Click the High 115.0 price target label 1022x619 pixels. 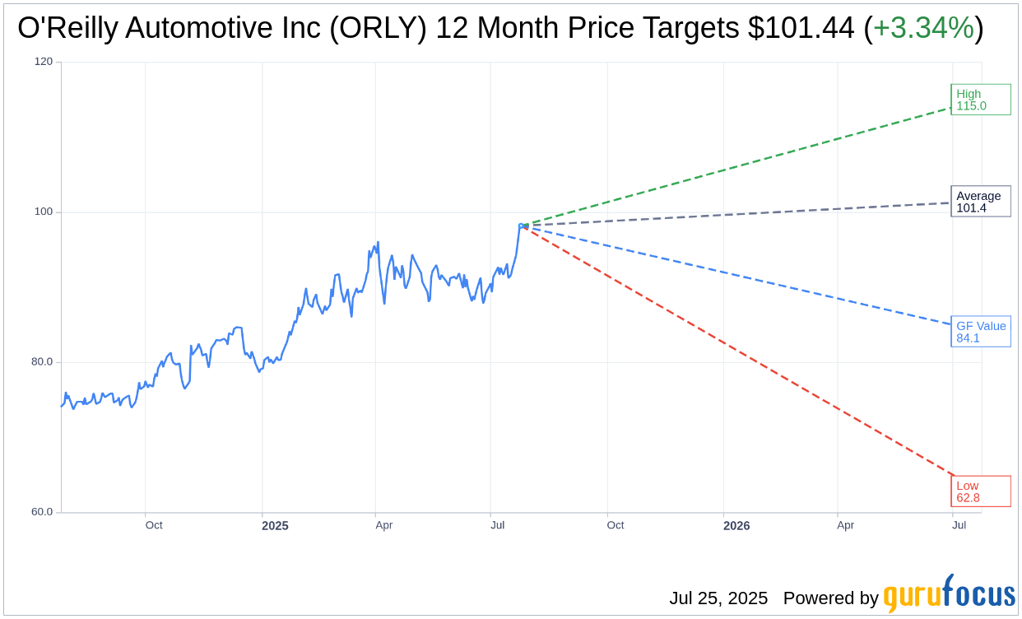[x=980, y=100]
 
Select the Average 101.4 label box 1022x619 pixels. [x=980, y=202]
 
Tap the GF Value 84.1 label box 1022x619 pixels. [x=980, y=332]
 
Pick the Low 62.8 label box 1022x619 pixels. [x=980, y=491]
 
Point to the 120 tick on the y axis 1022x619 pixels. [x=44, y=62]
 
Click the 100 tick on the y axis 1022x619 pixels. [x=44, y=212]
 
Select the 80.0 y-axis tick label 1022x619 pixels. [x=42, y=361]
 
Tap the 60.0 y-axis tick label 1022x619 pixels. [x=42, y=511]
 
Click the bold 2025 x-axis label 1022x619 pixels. [x=275, y=525]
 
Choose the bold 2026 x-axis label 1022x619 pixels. [x=736, y=525]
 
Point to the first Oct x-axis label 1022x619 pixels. [x=154, y=525]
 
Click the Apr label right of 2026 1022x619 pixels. [x=846, y=525]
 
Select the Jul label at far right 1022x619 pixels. [x=959, y=525]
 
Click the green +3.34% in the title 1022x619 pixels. [x=923, y=28]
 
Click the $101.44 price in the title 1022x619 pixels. [x=801, y=28]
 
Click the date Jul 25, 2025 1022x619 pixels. [x=718, y=598]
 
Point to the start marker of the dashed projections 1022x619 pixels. [x=521, y=225]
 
